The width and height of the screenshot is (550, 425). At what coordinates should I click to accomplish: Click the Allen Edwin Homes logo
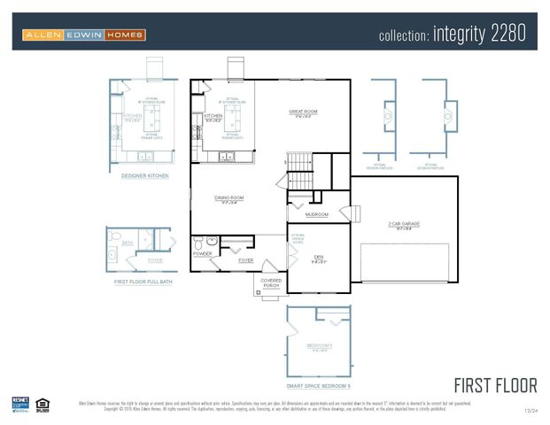[x=84, y=35]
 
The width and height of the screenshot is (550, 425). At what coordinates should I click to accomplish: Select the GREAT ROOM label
[x=302, y=112]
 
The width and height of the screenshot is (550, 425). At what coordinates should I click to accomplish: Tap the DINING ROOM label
[x=229, y=197]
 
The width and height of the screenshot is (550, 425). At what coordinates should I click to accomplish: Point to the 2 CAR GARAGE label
[x=404, y=224]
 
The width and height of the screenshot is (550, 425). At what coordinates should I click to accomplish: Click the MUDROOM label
[x=316, y=214]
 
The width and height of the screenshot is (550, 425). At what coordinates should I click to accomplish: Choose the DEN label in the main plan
[x=319, y=257]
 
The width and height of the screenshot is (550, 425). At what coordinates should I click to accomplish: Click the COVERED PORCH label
[x=271, y=283]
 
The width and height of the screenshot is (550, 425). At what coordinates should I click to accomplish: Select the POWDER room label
[x=202, y=253]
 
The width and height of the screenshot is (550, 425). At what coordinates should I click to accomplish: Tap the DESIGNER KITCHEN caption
[x=145, y=175]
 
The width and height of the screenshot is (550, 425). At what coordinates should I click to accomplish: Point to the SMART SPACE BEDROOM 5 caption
[x=319, y=386]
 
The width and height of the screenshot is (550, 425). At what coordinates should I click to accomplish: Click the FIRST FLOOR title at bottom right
[x=495, y=385]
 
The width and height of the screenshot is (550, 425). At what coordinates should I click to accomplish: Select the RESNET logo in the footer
[x=21, y=404]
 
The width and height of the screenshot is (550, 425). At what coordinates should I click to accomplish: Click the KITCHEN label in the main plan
[x=213, y=116]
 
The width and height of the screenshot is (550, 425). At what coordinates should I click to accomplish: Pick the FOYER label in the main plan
[x=245, y=260]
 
